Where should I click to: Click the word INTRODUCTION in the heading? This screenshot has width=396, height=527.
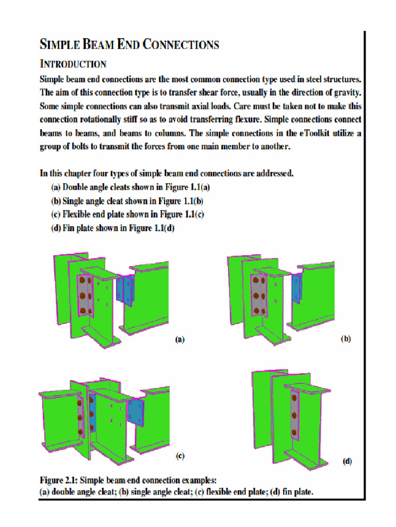73,64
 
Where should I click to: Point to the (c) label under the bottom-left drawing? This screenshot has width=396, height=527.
180,455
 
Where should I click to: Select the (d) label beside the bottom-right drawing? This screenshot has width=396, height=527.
348,462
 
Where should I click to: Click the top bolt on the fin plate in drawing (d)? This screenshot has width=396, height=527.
293,398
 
